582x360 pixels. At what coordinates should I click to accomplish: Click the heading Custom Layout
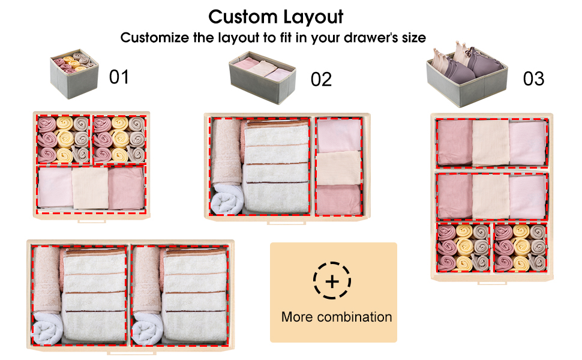(x=276, y=16)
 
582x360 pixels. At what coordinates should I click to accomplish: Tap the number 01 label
(x=119, y=77)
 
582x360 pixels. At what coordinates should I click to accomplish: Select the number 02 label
(x=321, y=79)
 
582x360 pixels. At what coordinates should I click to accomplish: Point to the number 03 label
(x=533, y=79)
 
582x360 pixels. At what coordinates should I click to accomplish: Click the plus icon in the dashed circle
(x=332, y=281)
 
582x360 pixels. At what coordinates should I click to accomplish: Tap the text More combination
(x=337, y=317)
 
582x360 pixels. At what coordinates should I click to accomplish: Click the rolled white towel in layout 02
(x=226, y=199)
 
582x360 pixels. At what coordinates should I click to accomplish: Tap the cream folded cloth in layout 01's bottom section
(x=90, y=188)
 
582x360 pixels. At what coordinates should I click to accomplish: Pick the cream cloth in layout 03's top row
(x=490, y=143)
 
